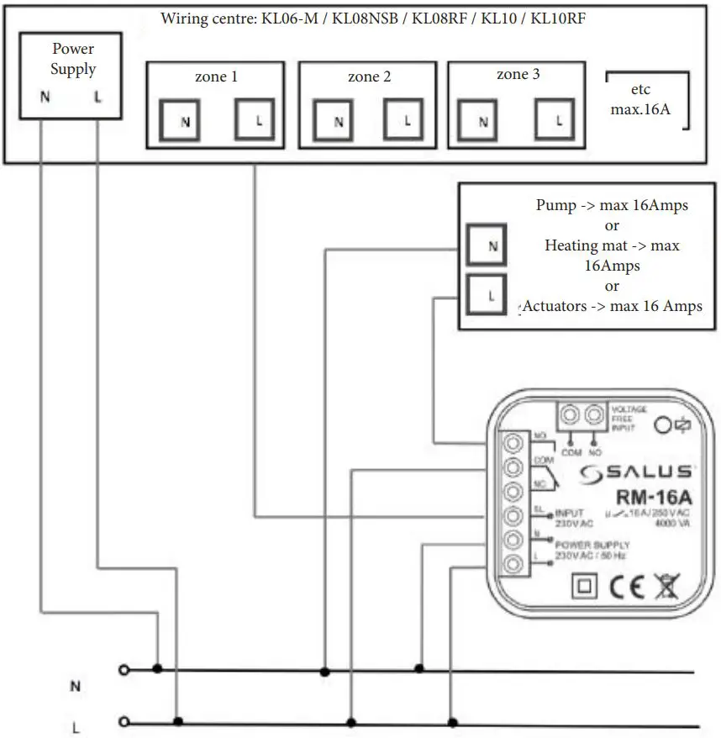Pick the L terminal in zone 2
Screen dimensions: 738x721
tap(407, 121)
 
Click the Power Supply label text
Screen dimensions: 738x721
tap(72, 59)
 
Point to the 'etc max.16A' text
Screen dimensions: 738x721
tap(640, 100)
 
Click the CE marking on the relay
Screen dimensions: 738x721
tap(625, 585)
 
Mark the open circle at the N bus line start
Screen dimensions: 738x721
tap(124, 670)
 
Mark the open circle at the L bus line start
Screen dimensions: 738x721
tap(124, 721)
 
